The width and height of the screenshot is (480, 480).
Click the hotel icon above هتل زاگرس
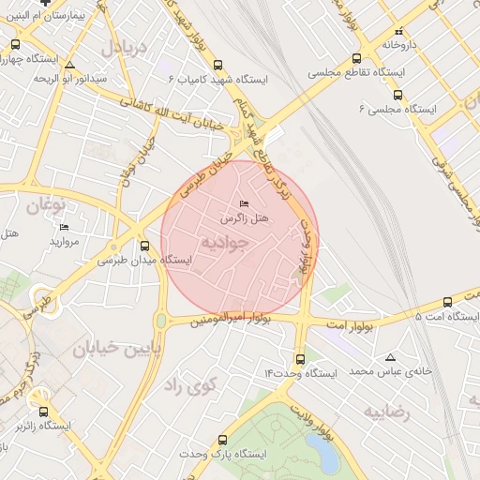245,203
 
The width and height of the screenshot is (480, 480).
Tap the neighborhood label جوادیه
226,242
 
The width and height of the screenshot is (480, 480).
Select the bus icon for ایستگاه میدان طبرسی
144,246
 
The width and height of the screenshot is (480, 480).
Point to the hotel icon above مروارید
64,228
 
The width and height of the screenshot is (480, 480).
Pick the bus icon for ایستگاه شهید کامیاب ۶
218,66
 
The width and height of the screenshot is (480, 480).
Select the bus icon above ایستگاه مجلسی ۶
397,96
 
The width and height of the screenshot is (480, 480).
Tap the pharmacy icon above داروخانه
399,31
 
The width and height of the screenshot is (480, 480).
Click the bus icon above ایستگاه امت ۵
447,303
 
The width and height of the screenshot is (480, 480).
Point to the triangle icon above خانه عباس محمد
391,357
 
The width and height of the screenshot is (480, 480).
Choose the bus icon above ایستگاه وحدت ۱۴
300,359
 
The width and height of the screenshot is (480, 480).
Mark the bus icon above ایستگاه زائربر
43,412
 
